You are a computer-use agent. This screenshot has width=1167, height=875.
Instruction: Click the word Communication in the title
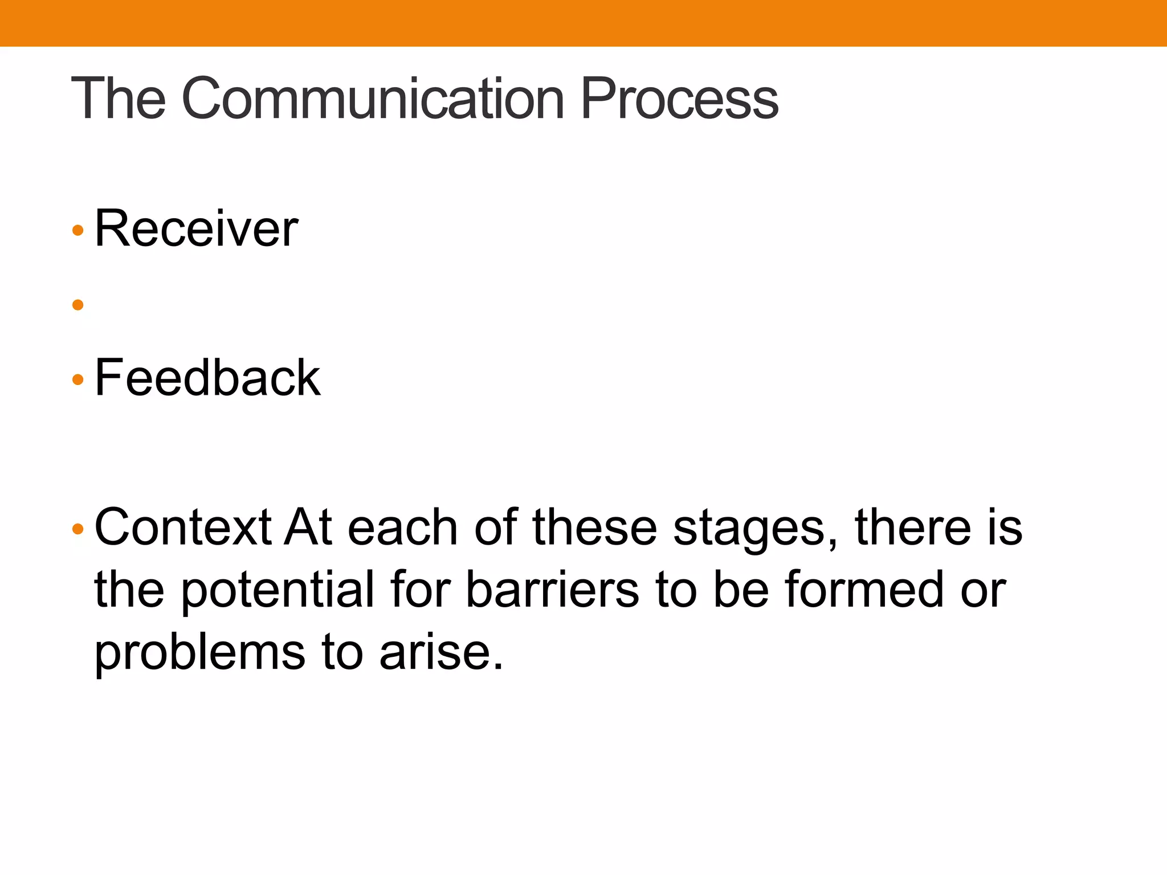click(x=373, y=100)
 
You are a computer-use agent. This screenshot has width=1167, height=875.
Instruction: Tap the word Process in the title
click(x=679, y=100)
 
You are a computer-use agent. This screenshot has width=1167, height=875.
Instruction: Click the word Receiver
click(x=196, y=229)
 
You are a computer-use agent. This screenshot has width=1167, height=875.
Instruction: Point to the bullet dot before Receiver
click(x=78, y=231)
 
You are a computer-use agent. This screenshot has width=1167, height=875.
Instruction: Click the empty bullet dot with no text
click(x=78, y=305)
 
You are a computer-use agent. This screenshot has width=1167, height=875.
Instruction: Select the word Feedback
click(x=207, y=378)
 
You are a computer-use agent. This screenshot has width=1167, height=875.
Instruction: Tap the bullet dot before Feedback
click(x=78, y=379)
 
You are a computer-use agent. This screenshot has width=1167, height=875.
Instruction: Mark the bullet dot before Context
click(x=78, y=529)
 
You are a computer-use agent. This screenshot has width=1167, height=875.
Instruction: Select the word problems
click(x=199, y=653)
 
